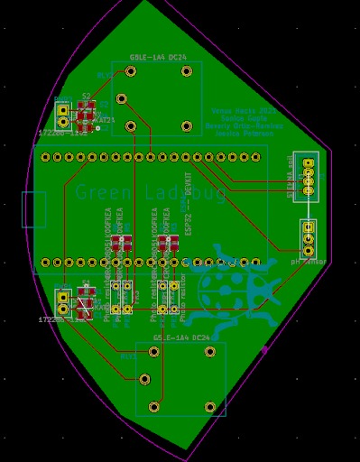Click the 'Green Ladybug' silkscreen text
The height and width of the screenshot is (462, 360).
click(x=152, y=192)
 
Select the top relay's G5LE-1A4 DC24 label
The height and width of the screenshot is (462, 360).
click(x=157, y=56)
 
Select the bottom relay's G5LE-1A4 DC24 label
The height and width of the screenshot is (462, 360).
click(x=180, y=337)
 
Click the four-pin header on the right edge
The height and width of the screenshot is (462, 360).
click(x=309, y=176)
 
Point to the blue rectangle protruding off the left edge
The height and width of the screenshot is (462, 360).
click(x=33, y=209)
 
